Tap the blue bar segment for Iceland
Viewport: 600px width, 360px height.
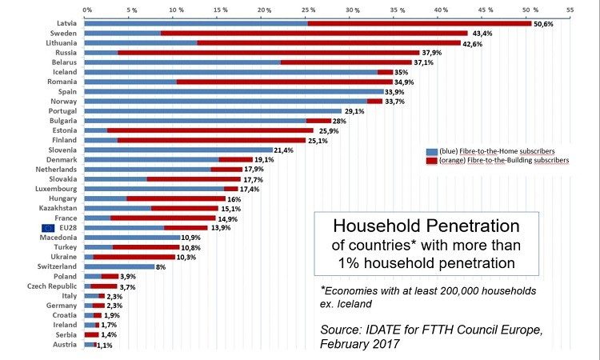(x=231, y=72)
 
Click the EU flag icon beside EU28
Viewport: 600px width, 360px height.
(x=47, y=228)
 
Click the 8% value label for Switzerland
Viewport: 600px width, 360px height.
(x=161, y=266)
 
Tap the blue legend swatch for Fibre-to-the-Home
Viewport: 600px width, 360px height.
(x=432, y=150)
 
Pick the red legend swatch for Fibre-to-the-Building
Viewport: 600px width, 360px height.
(x=432, y=160)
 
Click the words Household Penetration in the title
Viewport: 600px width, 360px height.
(x=425, y=226)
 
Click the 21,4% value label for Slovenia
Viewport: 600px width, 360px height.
(x=285, y=150)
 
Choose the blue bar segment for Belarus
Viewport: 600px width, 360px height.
(x=182, y=62)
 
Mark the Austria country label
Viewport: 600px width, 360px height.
(x=64, y=344)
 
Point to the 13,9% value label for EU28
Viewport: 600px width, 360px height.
(x=220, y=228)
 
